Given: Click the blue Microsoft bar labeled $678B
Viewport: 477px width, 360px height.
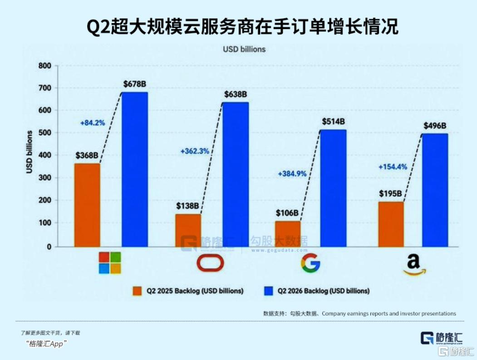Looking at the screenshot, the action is [135, 169].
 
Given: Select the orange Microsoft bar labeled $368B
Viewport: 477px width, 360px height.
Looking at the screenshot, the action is [87, 205].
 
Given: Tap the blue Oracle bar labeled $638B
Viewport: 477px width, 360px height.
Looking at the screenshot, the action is [236, 174].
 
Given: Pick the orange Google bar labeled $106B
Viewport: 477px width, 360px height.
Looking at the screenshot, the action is [288, 234].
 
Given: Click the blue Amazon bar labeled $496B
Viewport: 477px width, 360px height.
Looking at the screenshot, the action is [435, 190].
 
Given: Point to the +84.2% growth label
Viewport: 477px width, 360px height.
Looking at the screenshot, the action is [93, 123].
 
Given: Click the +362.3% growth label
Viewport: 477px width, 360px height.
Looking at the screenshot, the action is [195, 151].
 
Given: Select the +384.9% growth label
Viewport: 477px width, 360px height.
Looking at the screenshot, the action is [292, 174].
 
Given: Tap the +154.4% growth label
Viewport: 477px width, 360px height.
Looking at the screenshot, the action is [393, 167].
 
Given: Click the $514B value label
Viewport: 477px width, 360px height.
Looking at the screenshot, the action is [334, 122].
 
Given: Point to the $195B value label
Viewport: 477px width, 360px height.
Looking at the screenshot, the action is [390, 193].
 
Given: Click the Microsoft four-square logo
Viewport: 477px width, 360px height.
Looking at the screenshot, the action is [110, 262].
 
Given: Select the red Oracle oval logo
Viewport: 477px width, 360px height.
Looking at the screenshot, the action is [210, 263].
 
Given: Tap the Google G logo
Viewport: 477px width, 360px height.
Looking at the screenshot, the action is [310, 263].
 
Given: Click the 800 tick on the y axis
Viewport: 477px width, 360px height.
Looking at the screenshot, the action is [45, 66].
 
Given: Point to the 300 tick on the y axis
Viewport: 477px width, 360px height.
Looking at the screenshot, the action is [45, 178].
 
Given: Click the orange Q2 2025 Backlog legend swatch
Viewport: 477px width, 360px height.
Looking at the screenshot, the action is [137, 291].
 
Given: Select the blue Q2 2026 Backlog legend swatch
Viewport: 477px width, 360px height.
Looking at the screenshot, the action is [269, 291].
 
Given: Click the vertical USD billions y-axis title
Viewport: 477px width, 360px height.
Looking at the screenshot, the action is [29, 152].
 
